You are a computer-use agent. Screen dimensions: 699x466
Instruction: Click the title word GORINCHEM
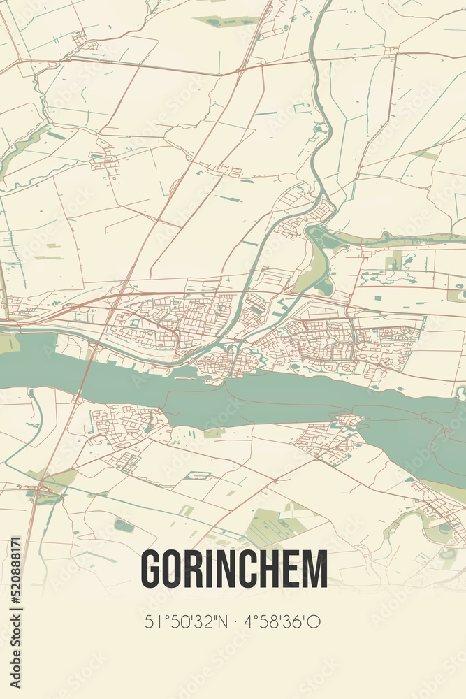[234, 569]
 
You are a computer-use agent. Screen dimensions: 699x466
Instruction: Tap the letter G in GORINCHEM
[152, 569]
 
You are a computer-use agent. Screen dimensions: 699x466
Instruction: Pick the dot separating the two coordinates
[237, 621]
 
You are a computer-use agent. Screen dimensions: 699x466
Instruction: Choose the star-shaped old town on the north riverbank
[220, 363]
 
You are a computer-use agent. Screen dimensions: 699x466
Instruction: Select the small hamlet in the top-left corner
[81, 38]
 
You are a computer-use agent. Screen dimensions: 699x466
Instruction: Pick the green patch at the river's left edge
[8, 343]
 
